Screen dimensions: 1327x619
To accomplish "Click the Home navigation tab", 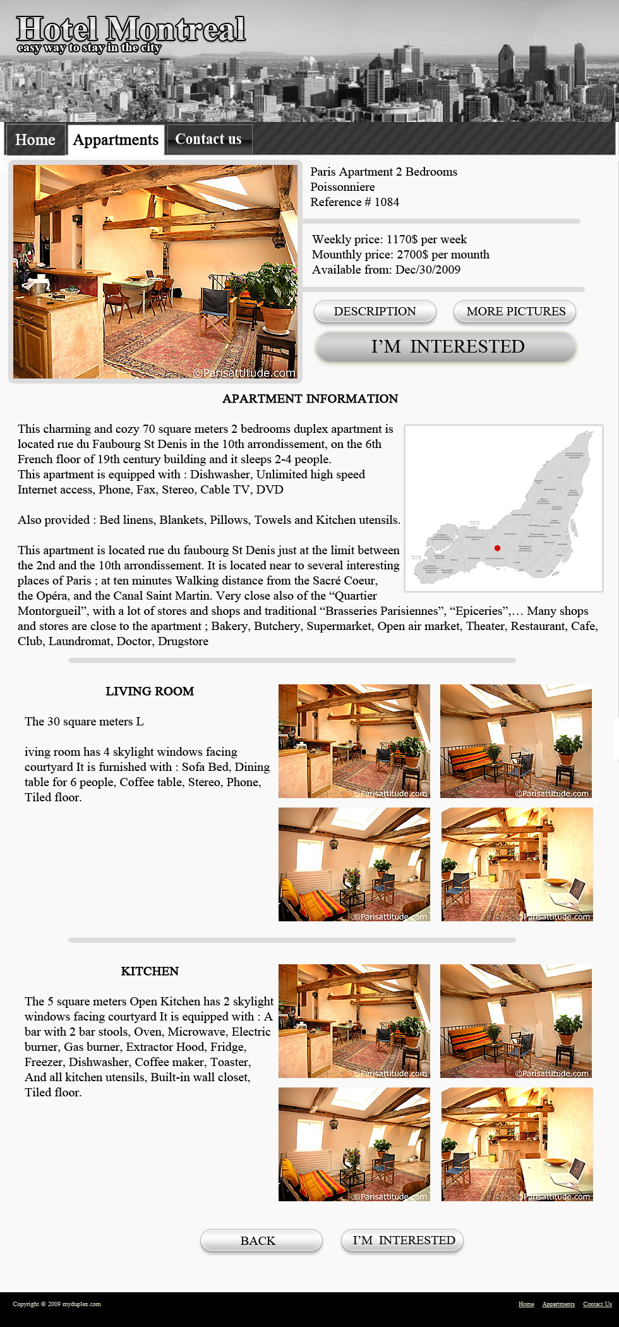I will (35, 140).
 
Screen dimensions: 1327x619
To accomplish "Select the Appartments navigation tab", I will (116, 140).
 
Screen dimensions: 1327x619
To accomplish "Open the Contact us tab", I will (208, 139).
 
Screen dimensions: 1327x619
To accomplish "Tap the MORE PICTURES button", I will (515, 312).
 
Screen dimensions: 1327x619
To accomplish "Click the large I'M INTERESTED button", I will (447, 347).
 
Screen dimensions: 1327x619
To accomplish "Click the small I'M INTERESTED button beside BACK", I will (402, 1240).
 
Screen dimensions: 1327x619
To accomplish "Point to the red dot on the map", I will (497, 548).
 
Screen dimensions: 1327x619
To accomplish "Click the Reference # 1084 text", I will (354, 202).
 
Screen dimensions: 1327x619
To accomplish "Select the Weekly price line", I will (389, 239).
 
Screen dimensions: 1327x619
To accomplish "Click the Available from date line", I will (386, 270).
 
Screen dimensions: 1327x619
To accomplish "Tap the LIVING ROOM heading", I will (150, 691).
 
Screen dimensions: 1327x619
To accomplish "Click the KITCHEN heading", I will (150, 971).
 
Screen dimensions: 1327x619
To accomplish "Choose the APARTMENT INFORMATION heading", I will (310, 399).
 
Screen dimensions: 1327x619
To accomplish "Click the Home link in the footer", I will (526, 1304).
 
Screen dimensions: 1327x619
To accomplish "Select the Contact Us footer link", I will (597, 1304).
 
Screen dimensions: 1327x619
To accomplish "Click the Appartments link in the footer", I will (558, 1304).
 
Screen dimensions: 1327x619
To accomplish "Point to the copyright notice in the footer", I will (57, 1304).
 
